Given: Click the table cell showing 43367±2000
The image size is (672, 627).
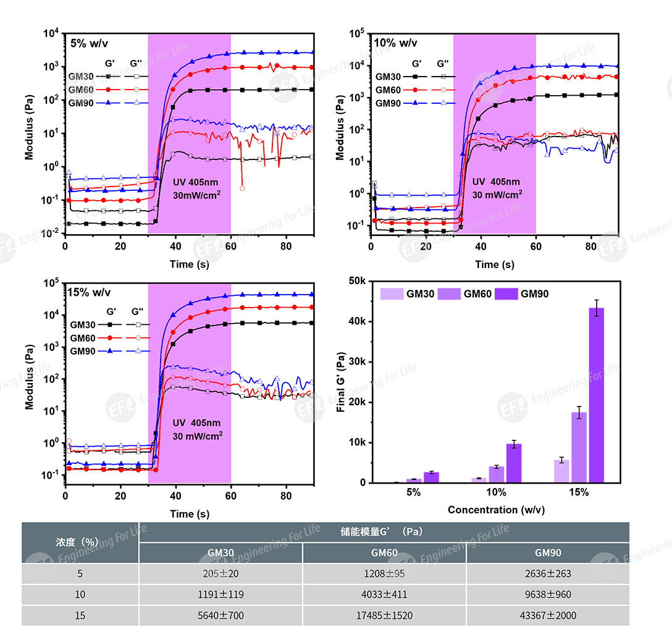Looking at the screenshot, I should click(x=547, y=615).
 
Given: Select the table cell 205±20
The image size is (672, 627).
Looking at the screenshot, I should click(x=220, y=573).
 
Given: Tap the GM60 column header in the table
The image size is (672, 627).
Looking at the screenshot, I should click(x=384, y=553).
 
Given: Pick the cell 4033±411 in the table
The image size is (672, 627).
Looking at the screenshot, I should click(x=384, y=594).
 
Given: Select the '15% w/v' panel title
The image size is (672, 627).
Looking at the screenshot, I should click(x=90, y=292).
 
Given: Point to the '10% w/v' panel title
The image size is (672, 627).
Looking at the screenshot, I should click(x=395, y=43).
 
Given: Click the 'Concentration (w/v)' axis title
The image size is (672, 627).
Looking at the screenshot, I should click(x=496, y=510).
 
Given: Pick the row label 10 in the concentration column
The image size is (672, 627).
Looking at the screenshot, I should click(x=80, y=594).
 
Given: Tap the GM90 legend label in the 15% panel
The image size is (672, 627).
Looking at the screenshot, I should click(x=82, y=351).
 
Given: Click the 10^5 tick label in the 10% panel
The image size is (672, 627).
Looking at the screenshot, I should click(x=355, y=34).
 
